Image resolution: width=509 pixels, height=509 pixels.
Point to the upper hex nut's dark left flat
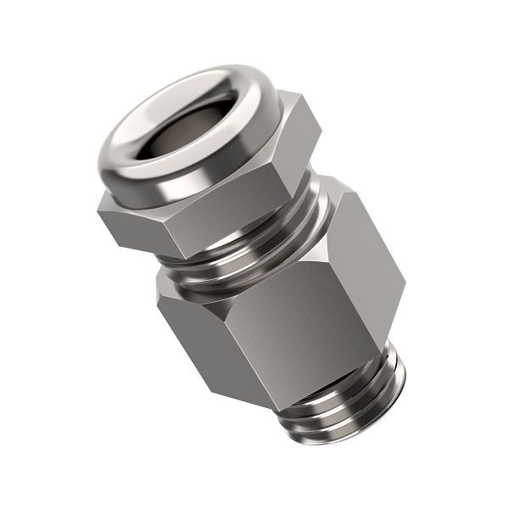[x=127, y=225]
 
